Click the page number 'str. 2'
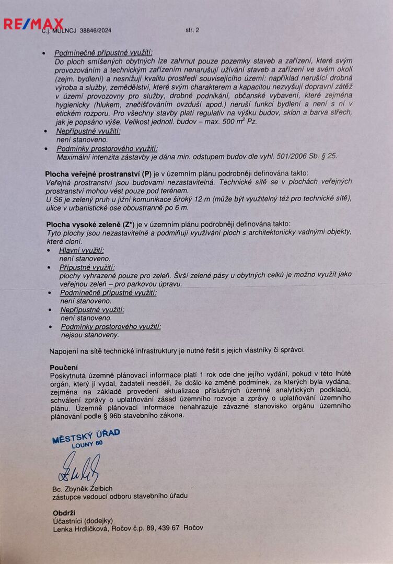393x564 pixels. (x=192, y=30)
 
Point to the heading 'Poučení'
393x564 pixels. (x=64, y=367)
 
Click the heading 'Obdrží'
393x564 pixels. (x=65, y=512)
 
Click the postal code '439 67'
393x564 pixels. (x=168, y=528)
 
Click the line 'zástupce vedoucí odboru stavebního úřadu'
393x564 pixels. (x=120, y=496)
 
